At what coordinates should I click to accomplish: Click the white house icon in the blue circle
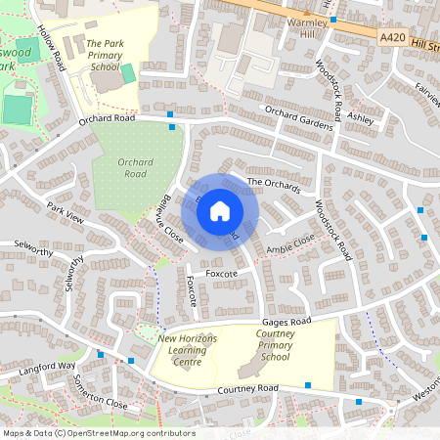pos(220,211)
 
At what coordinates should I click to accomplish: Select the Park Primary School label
pos(104,57)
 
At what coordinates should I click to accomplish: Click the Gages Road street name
pos(286,321)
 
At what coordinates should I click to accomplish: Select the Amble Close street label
pos(290,244)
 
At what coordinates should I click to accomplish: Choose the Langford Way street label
pos(46,369)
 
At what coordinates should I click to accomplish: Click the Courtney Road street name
pos(248,389)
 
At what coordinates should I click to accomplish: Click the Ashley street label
pos(361,117)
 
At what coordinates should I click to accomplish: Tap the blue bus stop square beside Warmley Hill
pos(333,20)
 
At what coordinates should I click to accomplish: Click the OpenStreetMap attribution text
pos(98,433)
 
